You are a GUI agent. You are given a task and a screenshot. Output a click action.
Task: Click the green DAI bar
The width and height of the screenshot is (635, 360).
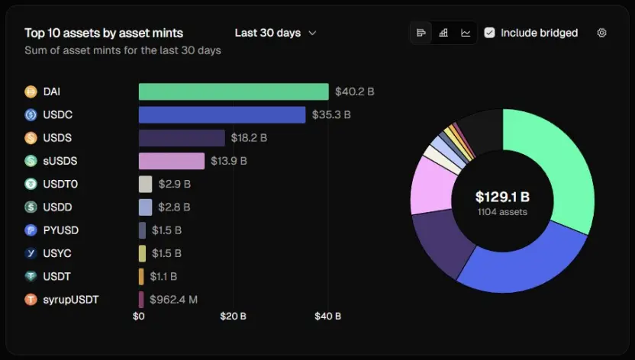[x=234, y=92]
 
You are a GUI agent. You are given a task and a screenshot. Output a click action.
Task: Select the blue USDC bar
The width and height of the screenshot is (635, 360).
[x=222, y=114]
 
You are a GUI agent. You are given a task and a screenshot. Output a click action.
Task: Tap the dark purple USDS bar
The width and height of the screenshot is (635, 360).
[x=182, y=138]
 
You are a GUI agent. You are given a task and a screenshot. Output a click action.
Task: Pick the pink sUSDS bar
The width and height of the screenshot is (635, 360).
[x=172, y=161]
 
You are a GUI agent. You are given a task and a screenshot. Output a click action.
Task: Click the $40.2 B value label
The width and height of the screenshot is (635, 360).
[x=354, y=92]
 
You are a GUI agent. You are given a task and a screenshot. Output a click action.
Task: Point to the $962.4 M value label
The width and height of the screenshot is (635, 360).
[x=173, y=300]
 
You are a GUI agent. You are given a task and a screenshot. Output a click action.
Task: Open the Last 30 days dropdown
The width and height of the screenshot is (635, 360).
[x=276, y=33]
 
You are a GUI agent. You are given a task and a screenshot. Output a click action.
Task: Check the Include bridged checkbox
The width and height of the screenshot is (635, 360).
[x=490, y=33]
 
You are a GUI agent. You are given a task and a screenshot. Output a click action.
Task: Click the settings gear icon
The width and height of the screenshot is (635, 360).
[x=601, y=33]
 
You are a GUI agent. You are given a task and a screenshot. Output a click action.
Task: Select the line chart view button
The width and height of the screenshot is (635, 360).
[x=466, y=33]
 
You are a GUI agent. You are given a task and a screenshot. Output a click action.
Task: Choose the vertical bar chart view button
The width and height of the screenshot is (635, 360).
[x=443, y=33]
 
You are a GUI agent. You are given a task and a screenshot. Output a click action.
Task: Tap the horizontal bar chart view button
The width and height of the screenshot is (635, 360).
[x=421, y=33]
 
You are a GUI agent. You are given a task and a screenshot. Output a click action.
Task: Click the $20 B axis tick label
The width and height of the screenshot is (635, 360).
[x=234, y=316]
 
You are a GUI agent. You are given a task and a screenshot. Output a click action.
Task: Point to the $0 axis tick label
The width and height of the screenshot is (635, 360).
[x=139, y=316]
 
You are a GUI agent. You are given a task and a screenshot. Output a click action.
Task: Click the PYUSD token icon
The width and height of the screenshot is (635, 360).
[x=31, y=230]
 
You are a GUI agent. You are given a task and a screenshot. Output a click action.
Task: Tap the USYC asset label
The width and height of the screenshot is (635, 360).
[x=57, y=253]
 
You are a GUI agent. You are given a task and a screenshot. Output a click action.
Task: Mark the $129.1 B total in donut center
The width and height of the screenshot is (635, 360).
[x=502, y=198]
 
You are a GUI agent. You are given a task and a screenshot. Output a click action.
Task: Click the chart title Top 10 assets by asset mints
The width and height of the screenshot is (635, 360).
[x=104, y=33]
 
